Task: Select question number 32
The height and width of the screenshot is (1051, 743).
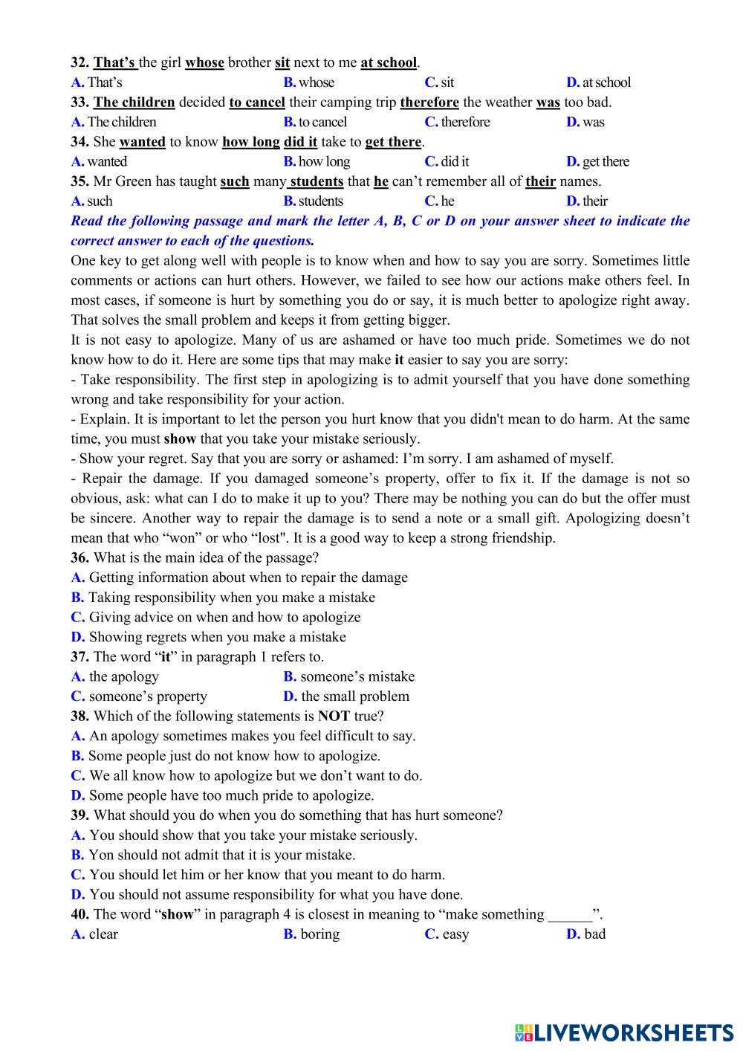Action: pyautogui.click(x=80, y=62)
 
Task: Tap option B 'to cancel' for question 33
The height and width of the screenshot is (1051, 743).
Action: pyautogui.click(x=315, y=122)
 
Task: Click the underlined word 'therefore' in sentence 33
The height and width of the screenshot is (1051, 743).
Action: pyautogui.click(x=429, y=102)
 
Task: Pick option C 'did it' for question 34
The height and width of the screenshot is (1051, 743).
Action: pyautogui.click(x=447, y=161)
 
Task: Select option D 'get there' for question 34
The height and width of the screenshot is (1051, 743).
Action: pyautogui.click(x=597, y=161)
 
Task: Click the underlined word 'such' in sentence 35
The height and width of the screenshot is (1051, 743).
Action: pyautogui.click(x=235, y=181)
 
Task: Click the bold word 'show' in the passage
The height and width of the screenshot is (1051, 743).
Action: pyautogui.click(x=180, y=439)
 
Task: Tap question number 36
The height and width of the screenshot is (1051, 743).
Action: pyautogui.click(x=80, y=557)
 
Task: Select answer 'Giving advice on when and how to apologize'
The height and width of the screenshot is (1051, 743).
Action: pyautogui.click(x=224, y=617)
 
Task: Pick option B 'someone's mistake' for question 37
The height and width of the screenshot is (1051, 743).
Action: pyautogui.click(x=349, y=676)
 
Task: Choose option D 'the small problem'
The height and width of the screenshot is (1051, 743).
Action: pyautogui.click(x=347, y=696)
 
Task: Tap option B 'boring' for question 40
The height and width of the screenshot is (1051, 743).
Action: pyautogui.click(x=312, y=934)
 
